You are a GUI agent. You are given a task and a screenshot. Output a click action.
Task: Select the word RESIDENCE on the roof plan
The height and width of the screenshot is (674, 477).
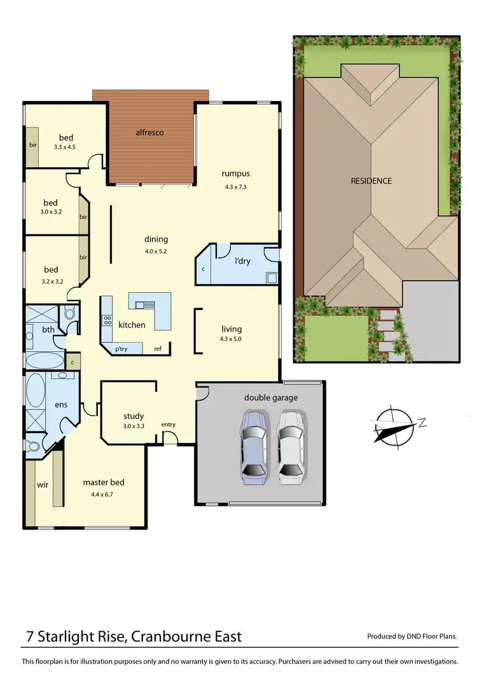tap(371, 181)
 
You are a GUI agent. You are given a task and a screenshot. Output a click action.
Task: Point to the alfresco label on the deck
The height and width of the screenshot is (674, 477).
tap(150, 132)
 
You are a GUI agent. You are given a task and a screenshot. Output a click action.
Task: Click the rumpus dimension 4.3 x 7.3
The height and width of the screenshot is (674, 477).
tap(235, 187)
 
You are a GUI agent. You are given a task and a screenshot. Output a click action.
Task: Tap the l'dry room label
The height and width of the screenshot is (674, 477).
tap(242, 261)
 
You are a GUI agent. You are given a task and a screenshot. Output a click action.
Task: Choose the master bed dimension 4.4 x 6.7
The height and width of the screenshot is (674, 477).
tap(103, 494)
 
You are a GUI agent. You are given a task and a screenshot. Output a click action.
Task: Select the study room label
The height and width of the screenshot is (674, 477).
tap(134, 417)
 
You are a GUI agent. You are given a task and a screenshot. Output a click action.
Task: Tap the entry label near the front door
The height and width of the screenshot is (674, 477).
tap(169, 424)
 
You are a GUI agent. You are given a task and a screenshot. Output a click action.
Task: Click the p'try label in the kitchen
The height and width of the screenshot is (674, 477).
tap(121, 349)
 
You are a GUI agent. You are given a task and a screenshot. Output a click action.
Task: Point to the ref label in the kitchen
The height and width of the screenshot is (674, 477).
tap(157, 349)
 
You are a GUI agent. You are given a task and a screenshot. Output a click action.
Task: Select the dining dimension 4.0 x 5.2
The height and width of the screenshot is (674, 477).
tap(156, 251)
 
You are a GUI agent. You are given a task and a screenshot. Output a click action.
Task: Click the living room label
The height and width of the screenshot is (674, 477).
tap(232, 329)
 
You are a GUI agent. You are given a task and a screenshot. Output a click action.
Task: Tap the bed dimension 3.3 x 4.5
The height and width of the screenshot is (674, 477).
tap(67, 147)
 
